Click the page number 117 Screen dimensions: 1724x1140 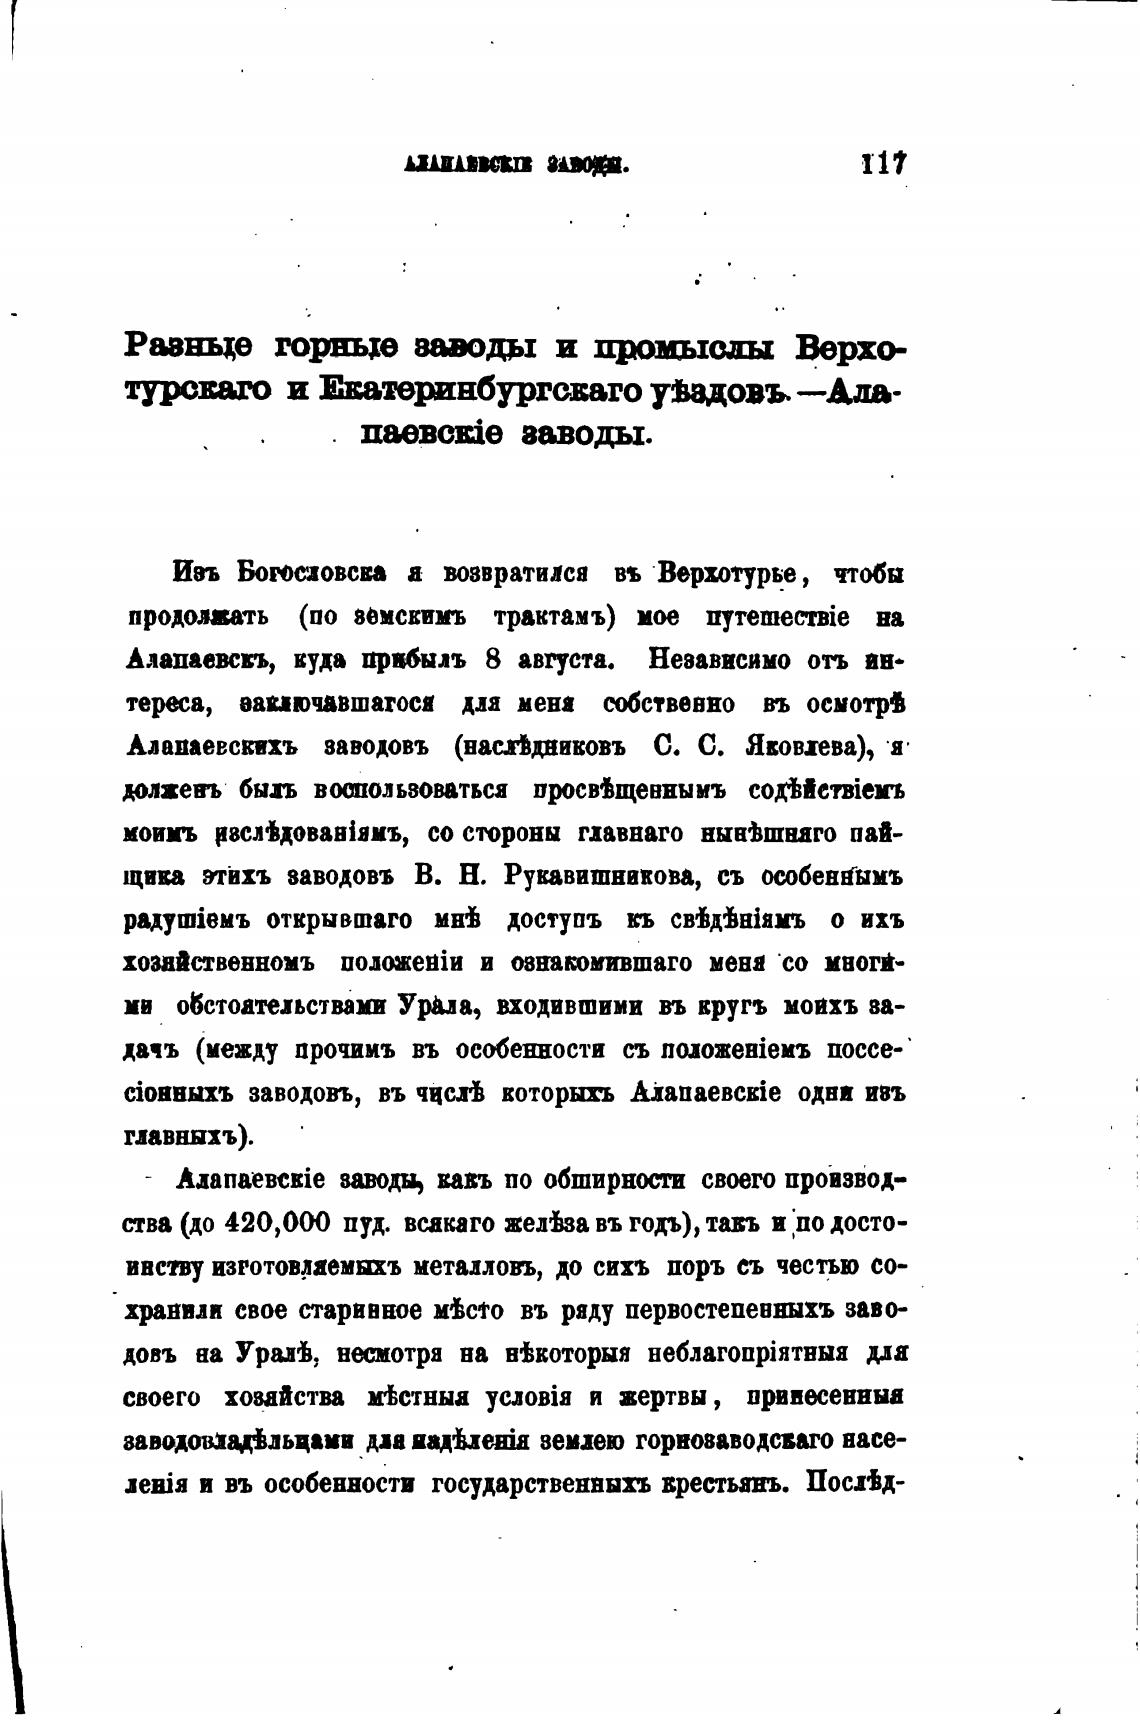pos(883,164)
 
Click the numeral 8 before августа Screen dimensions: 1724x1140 pos(492,660)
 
